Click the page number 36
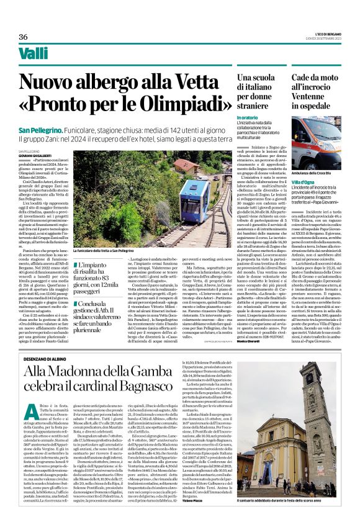pyautogui.click(x=22, y=37)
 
